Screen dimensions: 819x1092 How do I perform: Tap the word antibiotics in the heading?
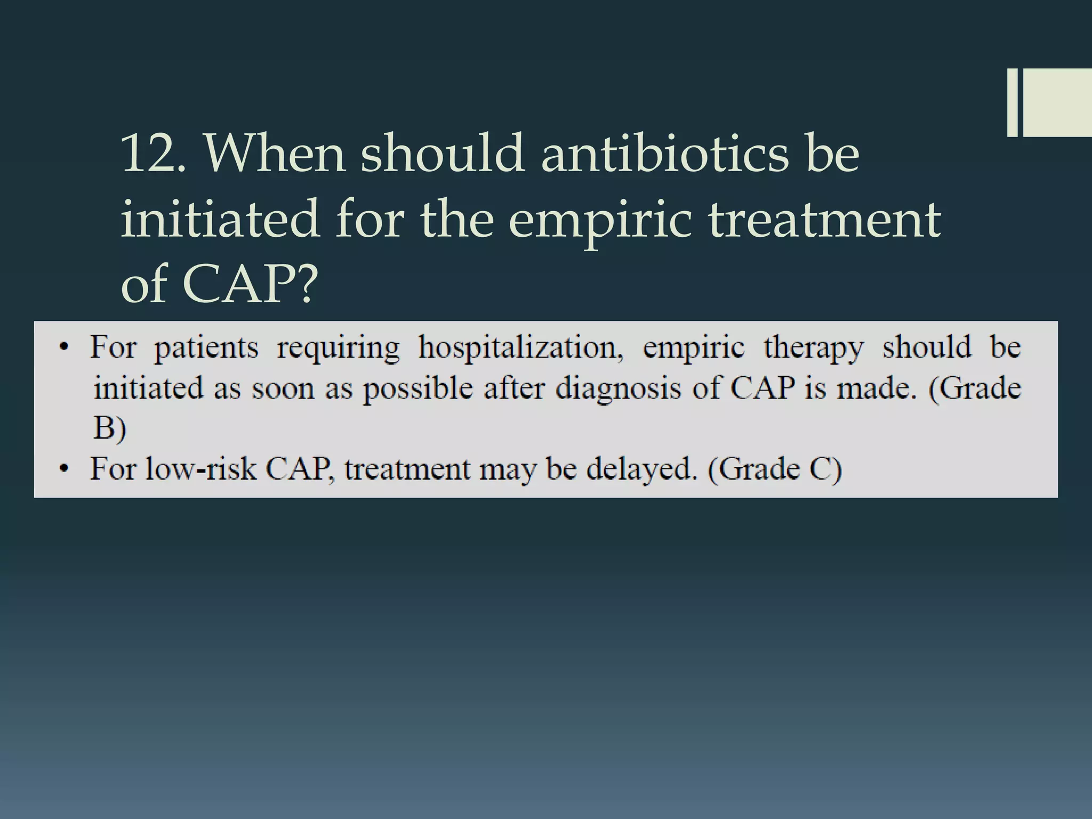click(x=664, y=154)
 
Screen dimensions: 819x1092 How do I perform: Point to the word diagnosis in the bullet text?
click(x=618, y=389)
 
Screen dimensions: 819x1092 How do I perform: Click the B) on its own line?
click(x=110, y=428)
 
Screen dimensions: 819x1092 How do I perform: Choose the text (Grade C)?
click(x=775, y=469)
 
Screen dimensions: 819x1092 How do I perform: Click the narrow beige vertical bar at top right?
click(x=1012, y=102)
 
